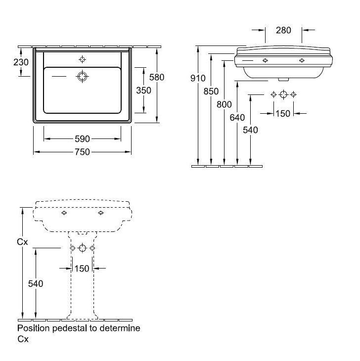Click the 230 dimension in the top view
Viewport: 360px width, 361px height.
pyautogui.click(x=21, y=63)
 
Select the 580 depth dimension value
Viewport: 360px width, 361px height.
pyautogui.click(x=156, y=77)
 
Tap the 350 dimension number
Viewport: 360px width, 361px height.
pyautogui.click(x=143, y=90)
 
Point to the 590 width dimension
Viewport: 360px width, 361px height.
pyautogui.click(x=82, y=139)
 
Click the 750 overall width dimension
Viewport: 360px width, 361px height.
pyautogui.click(x=82, y=152)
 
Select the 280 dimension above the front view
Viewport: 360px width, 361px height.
pyautogui.click(x=283, y=31)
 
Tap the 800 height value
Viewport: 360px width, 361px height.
pyautogui.click(x=224, y=104)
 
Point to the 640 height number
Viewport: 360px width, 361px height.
pyautogui.click(x=237, y=118)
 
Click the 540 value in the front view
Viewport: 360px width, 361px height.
pyautogui.click(x=250, y=130)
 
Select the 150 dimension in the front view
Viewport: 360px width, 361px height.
pyautogui.click(x=283, y=114)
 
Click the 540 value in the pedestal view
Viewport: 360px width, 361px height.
pyautogui.click(x=35, y=283)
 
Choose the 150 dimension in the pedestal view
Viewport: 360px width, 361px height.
pyautogui.click(x=82, y=269)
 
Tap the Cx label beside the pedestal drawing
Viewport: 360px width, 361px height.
pyautogui.click(x=23, y=242)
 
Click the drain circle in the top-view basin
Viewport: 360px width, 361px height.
pyautogui.click(x=82, y=77)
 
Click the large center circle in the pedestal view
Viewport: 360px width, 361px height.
pyautogui.click(x=82, y=248)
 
